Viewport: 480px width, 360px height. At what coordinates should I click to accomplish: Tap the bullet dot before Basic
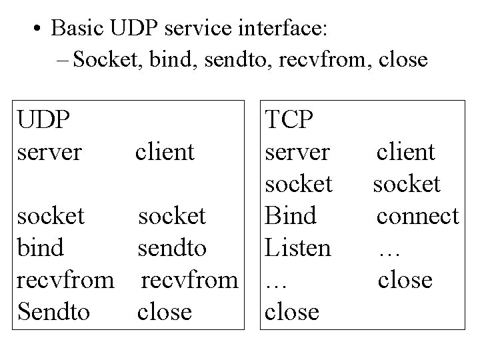pyautogui.click(x=37, y=29)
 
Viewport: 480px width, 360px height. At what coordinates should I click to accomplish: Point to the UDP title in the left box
pyautogui.click(x=45, y=120)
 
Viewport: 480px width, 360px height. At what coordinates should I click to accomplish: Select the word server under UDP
pyautogui.click(x=51, y=152)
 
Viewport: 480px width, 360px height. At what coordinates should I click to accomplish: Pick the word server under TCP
pyautogui.click(x=297, y=152)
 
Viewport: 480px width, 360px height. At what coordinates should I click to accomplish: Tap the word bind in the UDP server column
pyautogui.click(x=41, y=248)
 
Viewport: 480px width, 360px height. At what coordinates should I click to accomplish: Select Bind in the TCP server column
pyautogui.click(x=291, y=215)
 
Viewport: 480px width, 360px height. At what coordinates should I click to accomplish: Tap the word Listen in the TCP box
pyautogui.click(x=298, y=248)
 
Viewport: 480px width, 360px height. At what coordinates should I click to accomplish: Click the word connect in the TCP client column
pyautogui.click(x=417, y=215)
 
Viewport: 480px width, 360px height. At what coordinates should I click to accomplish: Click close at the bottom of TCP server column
pyautogui.click(x=292, y=311)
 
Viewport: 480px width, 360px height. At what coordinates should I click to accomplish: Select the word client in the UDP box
pyautogui.click(x=165, y=152)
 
